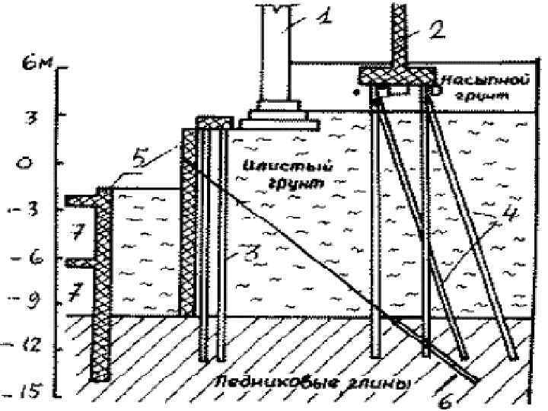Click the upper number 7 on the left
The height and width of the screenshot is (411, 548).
[76, 234]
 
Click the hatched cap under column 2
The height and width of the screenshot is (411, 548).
[396, 76]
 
